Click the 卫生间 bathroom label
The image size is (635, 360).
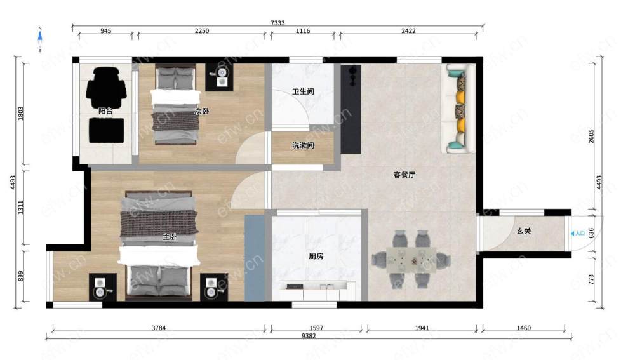pos(304,91)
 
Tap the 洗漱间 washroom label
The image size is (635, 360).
pos(304,145)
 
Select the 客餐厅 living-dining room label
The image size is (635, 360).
pos(404,175)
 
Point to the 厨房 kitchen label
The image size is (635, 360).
pos(316,257)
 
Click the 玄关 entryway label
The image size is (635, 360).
pos(524,231)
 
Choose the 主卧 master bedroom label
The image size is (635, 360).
pos(170,237)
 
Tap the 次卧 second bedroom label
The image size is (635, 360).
pos(202,110)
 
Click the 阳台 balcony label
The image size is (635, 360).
pos(105,110)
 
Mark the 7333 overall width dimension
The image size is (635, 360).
pos(278,23)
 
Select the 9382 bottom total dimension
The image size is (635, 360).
pos(309,336)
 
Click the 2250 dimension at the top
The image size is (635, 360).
pos(202,30)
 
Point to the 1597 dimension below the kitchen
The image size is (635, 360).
pos(316,328)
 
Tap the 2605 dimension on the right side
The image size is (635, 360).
pos(591,137)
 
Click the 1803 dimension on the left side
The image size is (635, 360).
pos(21,114)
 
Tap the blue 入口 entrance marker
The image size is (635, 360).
pos(577,233)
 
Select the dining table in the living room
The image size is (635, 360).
pos(411,260)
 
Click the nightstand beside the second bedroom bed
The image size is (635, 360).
pos(221,77)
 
